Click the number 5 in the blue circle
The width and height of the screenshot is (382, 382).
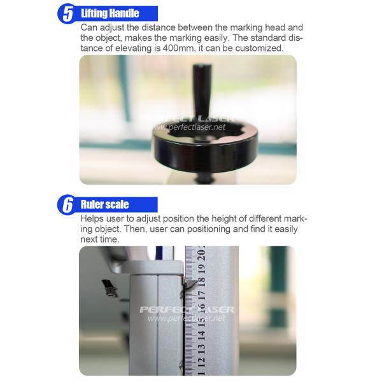click(67, 13)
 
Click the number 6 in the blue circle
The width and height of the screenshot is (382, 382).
click(67, 204)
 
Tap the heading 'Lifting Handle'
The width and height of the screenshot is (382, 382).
click(110, 13)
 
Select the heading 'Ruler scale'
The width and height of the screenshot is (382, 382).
click(105, 204)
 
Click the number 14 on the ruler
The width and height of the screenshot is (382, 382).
click(201, 336)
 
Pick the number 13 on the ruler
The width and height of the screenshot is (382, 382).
click(201, 349)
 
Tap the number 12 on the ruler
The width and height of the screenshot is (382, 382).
click(201, 363)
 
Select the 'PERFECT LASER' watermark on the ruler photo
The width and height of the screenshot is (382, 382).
click(187, 309)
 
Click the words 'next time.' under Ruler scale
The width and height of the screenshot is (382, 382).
click(100, 239)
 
